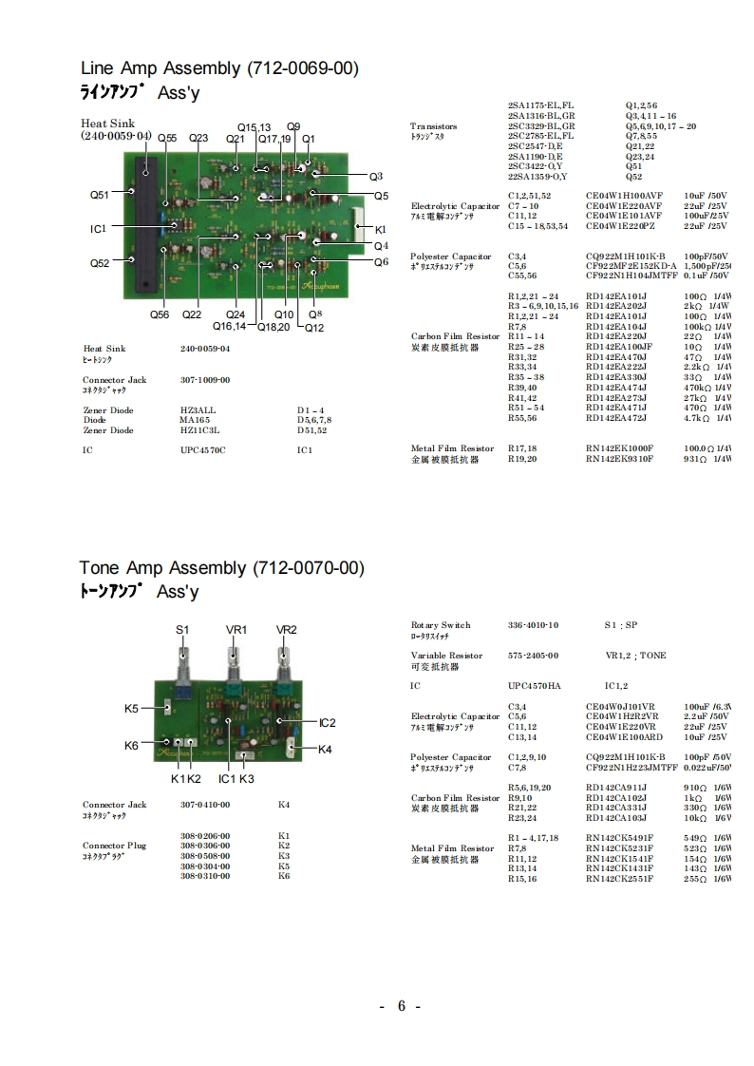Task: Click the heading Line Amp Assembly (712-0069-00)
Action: (x=219, y=68)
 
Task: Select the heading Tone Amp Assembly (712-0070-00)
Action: (x=221, y=568)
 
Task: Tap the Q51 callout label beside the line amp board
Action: (x=100, y=195)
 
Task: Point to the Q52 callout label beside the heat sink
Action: (x=100, y=263)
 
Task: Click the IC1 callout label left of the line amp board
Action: (x=98, y=228)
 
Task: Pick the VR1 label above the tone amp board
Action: (x=236, y=630)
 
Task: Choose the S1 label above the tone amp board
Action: (x=182, y=630)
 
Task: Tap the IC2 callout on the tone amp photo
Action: (x=328, y=723)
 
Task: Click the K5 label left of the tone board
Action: (x=132, y=708)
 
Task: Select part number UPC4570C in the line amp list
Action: (x=203, y=449)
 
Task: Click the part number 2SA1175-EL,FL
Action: (x=540, y=105)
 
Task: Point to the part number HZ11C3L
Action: (x=200, y=430)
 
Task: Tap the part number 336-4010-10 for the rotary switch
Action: (x=533, y=625)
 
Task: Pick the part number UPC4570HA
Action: (x=535, y=685)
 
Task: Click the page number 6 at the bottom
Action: (x=402, y=1007)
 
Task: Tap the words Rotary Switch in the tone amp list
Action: (x=441, y=625)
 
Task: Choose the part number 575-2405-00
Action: (x=533, y=656)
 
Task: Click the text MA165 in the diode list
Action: (x=195, y=420)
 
